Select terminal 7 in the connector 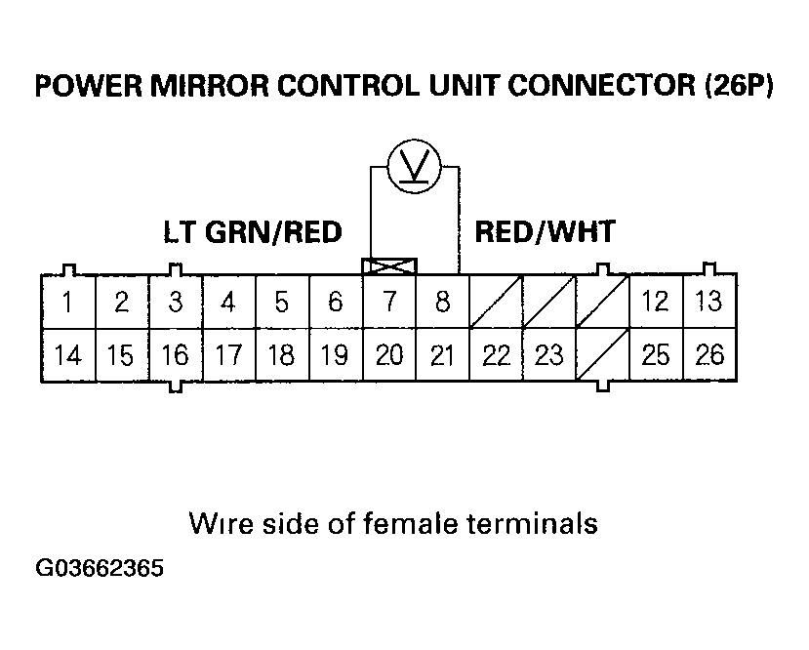(389, 302)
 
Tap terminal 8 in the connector (442, 302)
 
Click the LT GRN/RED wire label (252, 232)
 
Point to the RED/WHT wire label (545, 231)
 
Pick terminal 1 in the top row (66, 302)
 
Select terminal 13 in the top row (709, 302)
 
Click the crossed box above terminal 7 (389, 266)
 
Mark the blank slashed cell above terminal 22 (496, 302)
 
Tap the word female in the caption (401, 523)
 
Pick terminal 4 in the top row (227, 302)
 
